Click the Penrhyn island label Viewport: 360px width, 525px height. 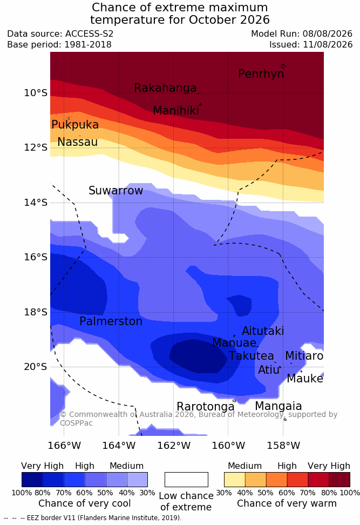pyautogui.click(x=261, y=74)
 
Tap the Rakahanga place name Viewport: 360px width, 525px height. pyautogui.click(x=165, y=88)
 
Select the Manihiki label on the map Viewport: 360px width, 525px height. pyautogui.click(x=176, y=111)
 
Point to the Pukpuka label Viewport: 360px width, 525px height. pyautogui.click(x=75, y=125)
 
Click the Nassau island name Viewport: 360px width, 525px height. pyautogui.click(x=78, y=142)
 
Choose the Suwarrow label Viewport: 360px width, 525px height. pyautogui.click(x=116, y=191)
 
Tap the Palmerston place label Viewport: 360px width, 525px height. pyautogui.click(x=111, y=321)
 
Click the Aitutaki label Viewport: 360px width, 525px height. pyautogui.click(x=263, y=331)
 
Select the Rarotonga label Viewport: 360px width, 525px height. pyautogui.click(x=206, y=407)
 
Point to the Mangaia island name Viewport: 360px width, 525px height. pyautogui.click(x=279, y=406)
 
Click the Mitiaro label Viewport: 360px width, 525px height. pyautogui.click(x=304, y=356)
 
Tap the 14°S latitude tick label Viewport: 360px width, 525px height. pyautogui.click(x=36, y=203)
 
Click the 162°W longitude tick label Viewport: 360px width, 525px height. pyautogui.click(x=174, y=446)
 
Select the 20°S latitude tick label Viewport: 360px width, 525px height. pyautogui.click(x=36, y=367)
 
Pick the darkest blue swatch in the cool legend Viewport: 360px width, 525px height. pyautogui.click(x=32, y=480)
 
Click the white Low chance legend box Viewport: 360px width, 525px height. pyautogui.click(x=186, y=480)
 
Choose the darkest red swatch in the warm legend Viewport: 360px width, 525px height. pyautogui.click(x=339, y=480)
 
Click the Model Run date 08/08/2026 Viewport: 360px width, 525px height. pyautogui.click(x=328, y=34)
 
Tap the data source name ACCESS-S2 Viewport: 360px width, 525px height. pyautogui.click(x=90, y=34)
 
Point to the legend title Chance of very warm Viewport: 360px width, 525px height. pyautogui.click(x=287, y=503)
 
